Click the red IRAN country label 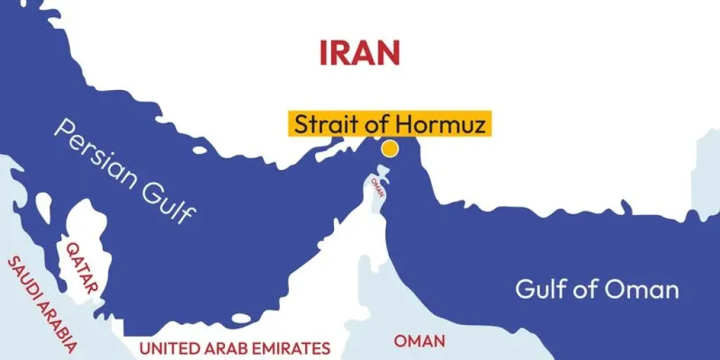coord(359,53)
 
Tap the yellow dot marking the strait coord(389,149)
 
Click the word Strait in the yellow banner coord(326,124)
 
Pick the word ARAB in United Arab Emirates coord(224,347)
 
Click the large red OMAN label coord(419,341)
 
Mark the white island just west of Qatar coord(44,205)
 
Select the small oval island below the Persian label coord(200,150)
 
